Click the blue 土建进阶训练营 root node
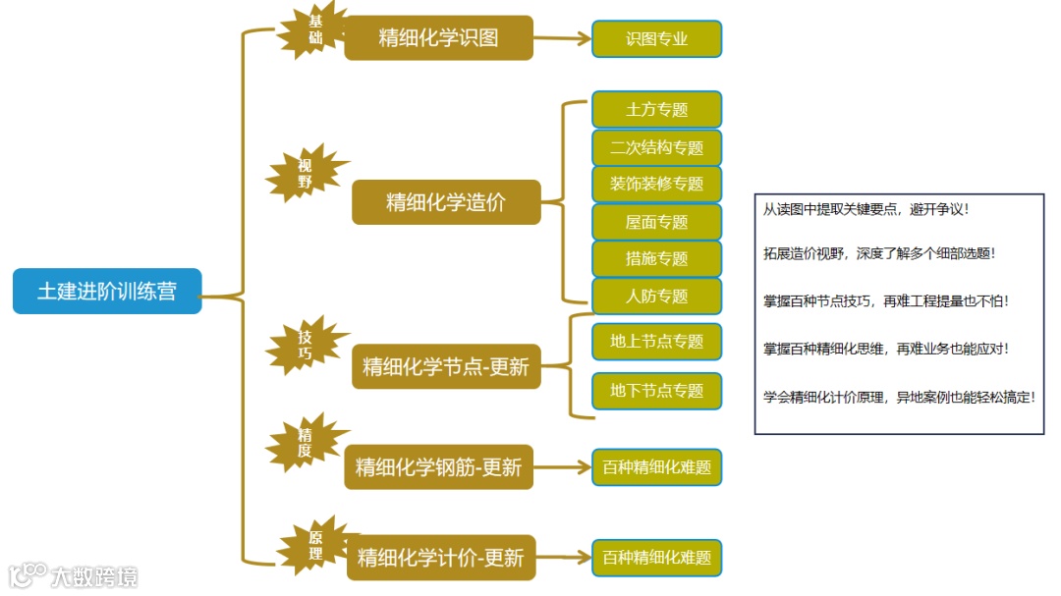[x=107, y=292]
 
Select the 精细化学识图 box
[x=438, y=38]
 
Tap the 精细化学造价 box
[x=446, y=202]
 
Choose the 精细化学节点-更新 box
[x=446, y=367]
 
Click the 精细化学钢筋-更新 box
[x=438, y=467]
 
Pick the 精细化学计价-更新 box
[x=441, y=558]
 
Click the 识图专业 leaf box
[x=656, y=39]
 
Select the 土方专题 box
[x=656, y=110]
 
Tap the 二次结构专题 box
[x=656, y=147]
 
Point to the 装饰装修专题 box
[x=656, y=185]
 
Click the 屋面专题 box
[x=656, y=222]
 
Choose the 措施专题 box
[x=656, y=259]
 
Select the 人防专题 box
[x=656, y=296]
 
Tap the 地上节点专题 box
[x=656, y=342]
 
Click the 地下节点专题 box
[x=656, y=391]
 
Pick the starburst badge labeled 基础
[x=313, y=29]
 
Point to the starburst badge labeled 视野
[x=306, y=174]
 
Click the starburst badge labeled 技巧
[x=306, y=345]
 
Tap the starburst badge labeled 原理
[x=315, y=545]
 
